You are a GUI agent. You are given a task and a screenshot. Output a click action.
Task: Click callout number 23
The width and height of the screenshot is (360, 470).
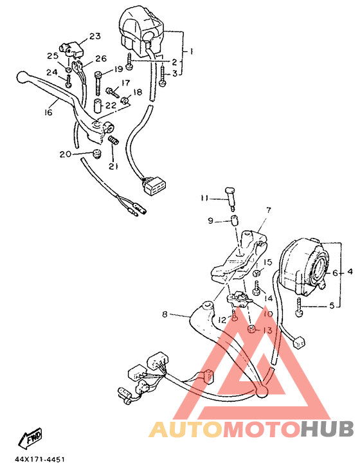[x=95, y=36]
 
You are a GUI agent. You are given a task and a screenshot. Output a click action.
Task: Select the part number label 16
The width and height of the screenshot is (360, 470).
[x=48, y=113]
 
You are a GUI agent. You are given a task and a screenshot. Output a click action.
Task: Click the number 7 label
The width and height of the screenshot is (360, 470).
[x=268, y=210]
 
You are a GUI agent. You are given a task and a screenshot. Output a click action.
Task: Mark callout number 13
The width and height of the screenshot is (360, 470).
[x=268, y=330]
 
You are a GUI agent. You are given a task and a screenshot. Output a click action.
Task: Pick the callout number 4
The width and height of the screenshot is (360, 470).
[x=350, y=272]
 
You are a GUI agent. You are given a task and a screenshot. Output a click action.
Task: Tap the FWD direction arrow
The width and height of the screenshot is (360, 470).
[x=31, y=438]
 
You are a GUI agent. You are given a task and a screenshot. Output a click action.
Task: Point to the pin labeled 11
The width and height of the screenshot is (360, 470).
[x=230, y=192]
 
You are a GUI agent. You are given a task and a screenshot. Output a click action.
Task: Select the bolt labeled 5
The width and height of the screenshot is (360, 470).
[x=300, y=312]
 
